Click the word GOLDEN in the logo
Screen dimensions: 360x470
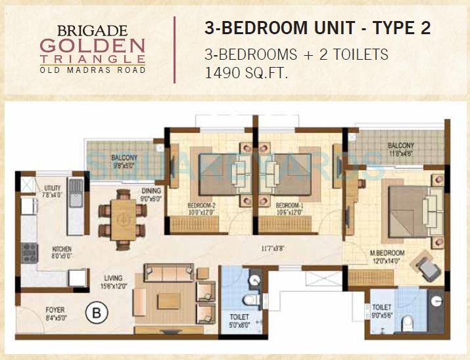(x=92, y=46)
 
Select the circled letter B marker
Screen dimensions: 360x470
(x=97, y=313)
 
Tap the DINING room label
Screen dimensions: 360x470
(x=150, y=191)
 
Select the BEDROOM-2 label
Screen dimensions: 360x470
(x=201, y=205)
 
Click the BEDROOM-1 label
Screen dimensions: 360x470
(x=289, y=205)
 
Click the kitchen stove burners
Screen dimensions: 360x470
(x=30, y=250)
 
